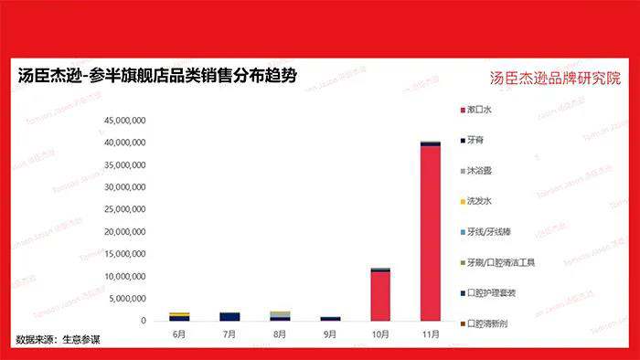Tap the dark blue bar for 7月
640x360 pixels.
pos(229,316)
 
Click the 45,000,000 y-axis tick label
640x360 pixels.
pos(126,121)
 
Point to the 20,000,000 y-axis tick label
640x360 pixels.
pos(126,232)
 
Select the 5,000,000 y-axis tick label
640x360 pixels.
pos(126,299)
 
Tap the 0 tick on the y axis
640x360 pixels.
pos(144,321)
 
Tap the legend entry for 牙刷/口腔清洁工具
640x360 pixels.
pos(499,263)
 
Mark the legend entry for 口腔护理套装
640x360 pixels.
pos(491,293)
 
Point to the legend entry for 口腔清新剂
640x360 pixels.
pos(487,323)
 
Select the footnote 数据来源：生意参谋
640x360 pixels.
pos(57,340)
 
